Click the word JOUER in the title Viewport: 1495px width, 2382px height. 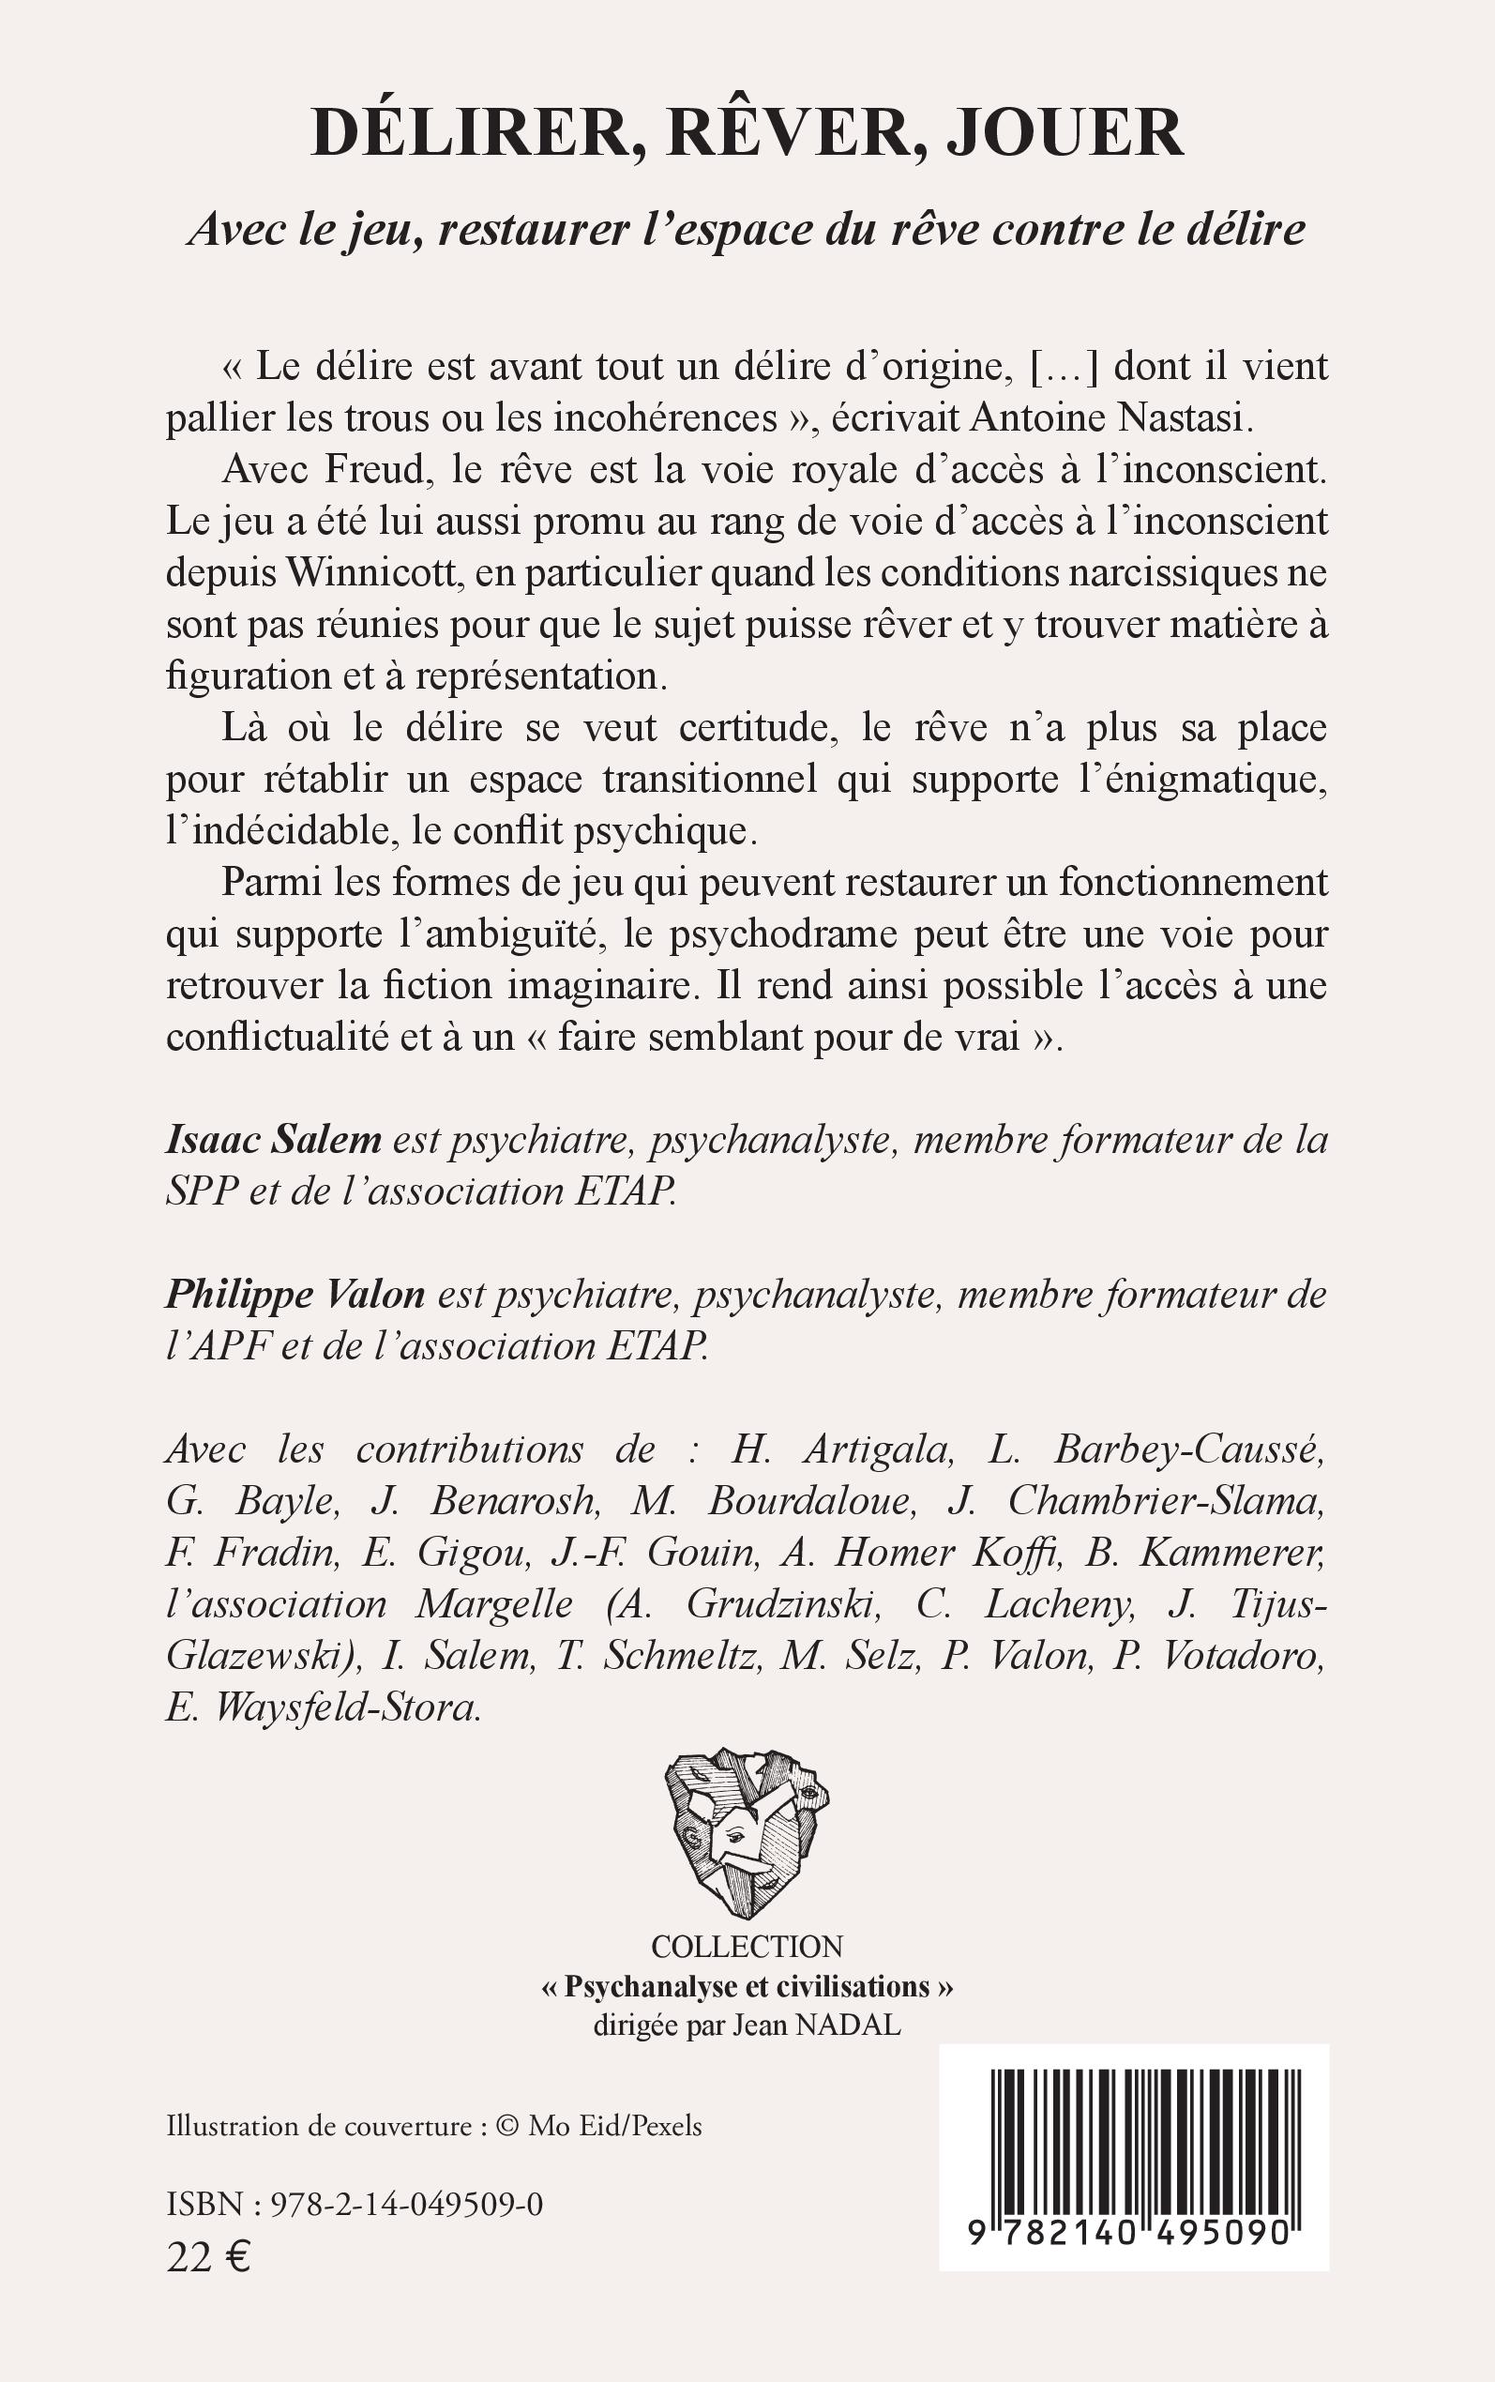(1065, 133)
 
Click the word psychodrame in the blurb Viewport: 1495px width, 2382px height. (780, 933)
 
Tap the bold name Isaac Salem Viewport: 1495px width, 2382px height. (274, 1140)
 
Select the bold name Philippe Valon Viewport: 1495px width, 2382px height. (294, 1295)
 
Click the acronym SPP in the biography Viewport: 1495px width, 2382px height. (202, 1191)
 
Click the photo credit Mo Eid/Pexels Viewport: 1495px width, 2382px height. (614, 2126)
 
